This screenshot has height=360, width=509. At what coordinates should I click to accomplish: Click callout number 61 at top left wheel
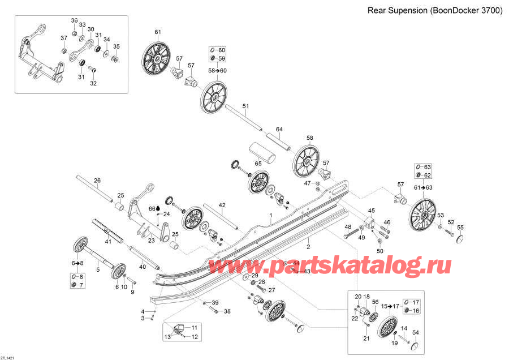click(158, 32)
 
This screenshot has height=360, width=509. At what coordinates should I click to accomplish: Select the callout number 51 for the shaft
click(245, 106)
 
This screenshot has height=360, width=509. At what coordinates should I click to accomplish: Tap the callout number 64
click(279, 130)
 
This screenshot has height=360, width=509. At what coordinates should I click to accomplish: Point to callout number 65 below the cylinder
click(258, 164)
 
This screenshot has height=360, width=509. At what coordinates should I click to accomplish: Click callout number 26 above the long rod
click(97, 181)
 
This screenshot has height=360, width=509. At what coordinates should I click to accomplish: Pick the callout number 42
click(222, 205)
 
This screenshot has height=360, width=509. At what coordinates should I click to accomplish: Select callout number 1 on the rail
click(271, 216)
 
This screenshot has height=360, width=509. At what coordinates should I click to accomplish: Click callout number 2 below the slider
click(308, 246)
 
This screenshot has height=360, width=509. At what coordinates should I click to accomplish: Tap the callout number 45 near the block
click(372, 211)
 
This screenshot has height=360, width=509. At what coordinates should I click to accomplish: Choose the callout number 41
click(106, 241)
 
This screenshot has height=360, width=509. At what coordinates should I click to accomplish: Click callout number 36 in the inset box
click(74, 20)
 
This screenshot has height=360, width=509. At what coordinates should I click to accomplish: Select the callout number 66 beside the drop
click(151, 208)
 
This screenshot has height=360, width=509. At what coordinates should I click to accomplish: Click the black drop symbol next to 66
click(158, 208)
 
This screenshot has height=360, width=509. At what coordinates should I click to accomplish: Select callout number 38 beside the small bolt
click(227, 311)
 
